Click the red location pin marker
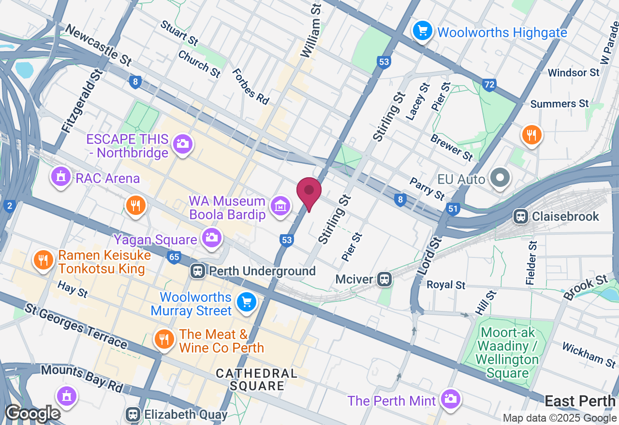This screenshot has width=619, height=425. [309, 192]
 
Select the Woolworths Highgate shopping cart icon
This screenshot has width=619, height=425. [423, 31]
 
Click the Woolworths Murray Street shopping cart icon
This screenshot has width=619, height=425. [247, 302]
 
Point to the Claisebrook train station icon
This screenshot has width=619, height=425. [521, 216]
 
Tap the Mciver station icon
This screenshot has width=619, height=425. [384, 279]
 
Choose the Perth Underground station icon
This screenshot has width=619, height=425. [197, 270]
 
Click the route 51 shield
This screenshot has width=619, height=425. [453, 209]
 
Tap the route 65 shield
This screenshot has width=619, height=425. [174, 256]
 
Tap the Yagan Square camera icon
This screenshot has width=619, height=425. [211, 237]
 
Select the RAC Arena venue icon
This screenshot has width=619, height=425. [60, 177]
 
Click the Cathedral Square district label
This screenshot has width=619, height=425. [257, 380]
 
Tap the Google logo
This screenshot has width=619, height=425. [32, 413]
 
